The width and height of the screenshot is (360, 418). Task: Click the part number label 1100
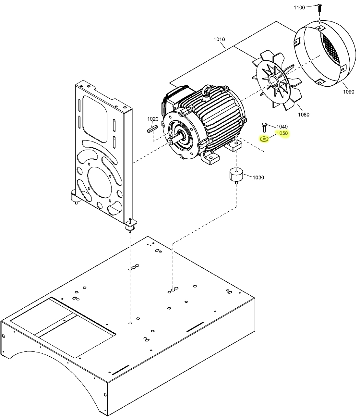[299, 7]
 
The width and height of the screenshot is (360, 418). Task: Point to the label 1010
[219, 39]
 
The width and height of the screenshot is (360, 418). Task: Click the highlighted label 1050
[282, 133]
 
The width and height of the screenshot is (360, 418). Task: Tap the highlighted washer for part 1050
[264, 139]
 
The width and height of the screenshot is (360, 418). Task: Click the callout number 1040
[282, 127]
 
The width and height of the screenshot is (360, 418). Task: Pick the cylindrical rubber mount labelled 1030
[236, 176]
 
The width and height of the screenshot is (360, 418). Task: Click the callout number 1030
[258, 178]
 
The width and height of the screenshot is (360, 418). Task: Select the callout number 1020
[153, 119]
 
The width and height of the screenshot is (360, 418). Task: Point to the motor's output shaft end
[171, 141]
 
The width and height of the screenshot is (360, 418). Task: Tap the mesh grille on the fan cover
[331, 49]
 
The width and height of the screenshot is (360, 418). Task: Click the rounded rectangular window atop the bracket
[95, 119]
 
